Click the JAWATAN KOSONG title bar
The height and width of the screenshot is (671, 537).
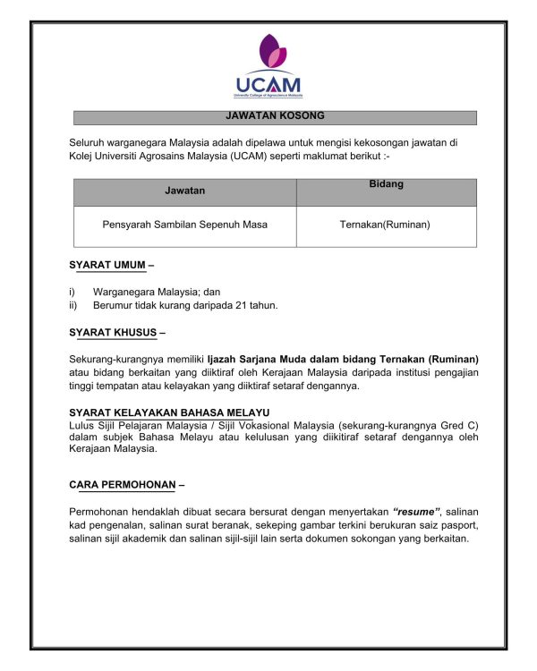275,117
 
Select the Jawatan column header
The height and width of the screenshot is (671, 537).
185,191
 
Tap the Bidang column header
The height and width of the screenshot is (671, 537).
386,185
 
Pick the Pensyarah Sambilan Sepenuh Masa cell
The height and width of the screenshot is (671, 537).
185,225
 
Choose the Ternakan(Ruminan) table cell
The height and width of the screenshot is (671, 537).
385,225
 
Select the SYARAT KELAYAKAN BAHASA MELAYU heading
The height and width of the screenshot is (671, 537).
169,412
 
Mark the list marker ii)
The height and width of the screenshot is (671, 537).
73,305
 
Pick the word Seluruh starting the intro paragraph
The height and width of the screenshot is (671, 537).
88,142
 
